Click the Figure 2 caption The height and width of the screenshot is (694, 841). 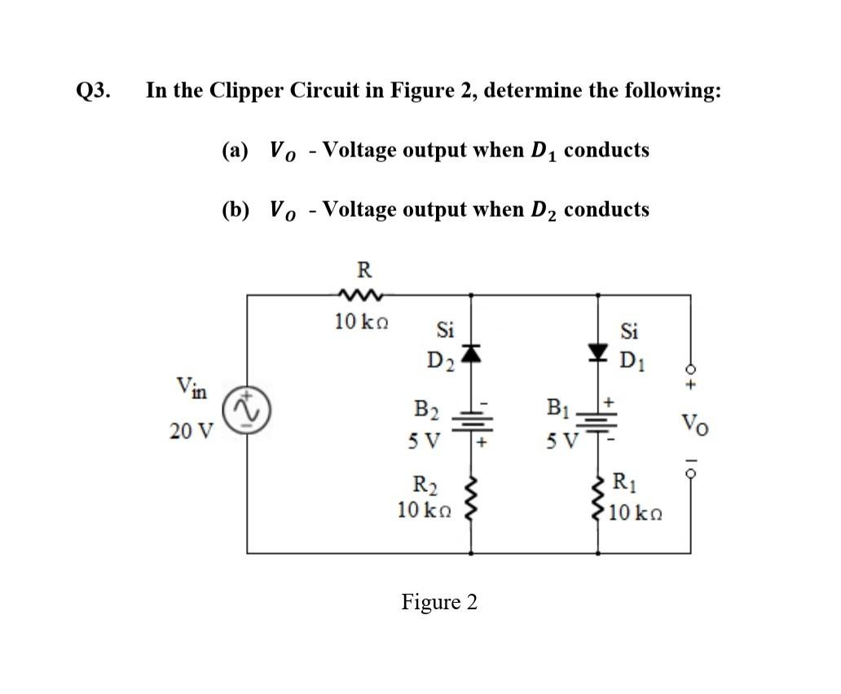coord(439,602)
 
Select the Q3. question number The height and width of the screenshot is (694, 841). coord(94,90)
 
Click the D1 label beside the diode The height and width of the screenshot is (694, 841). coord(632,359)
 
